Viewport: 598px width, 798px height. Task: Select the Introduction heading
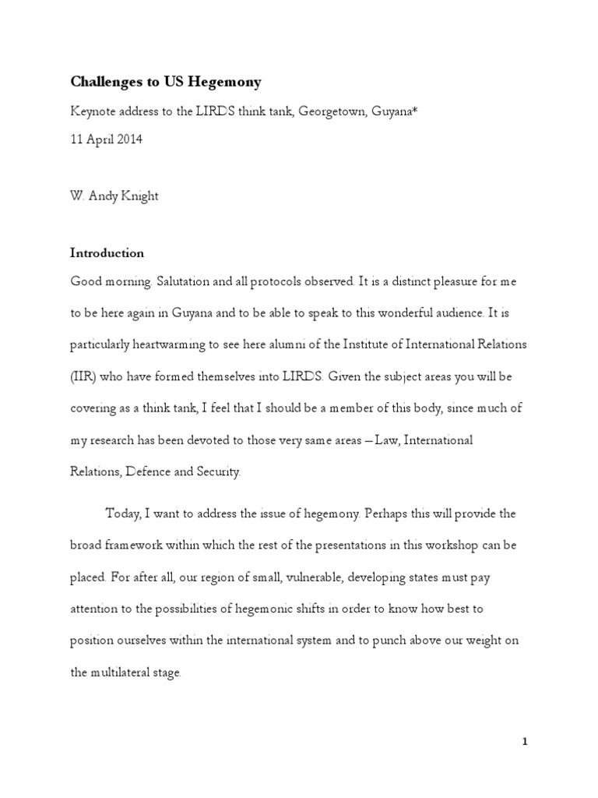tap(107, 253)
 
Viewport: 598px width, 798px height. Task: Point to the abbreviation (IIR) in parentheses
tap(83, 376)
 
